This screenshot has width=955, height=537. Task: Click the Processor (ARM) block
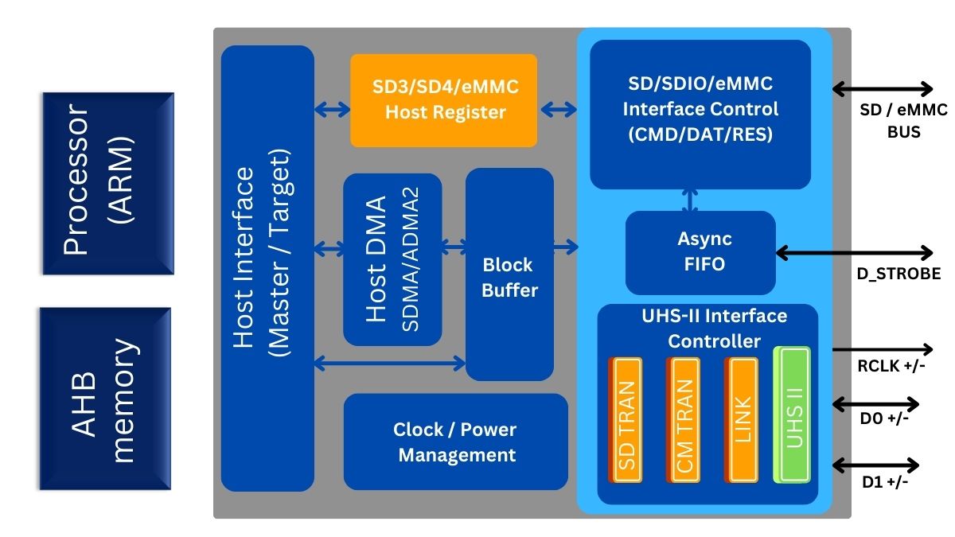click(107, 183)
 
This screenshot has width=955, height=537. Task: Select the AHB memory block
click(105, 399)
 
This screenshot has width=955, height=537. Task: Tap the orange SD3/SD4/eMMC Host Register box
click(444, 99)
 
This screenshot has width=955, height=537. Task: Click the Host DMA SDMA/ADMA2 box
click(392, 259)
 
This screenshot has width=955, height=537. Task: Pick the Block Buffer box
click(509, 274)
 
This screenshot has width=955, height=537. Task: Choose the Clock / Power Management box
click(455, 442)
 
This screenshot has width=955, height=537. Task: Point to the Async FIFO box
click(700, 252)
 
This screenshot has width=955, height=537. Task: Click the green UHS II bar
click(793, 414)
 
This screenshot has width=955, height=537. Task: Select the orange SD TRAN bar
click(626, 420)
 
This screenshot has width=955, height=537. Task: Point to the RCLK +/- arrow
click(883, 349)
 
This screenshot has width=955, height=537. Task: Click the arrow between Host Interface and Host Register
click(333, 109)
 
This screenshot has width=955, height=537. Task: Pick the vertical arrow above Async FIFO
click(690, 200)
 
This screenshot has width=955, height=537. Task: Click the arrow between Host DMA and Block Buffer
click(454, 249)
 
